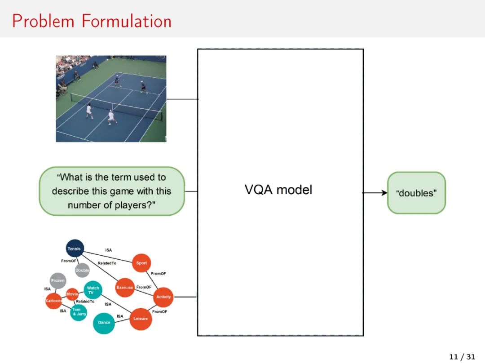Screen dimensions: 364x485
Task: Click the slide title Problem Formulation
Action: (x=92, y=21)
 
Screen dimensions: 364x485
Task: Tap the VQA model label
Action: (x=278, y=190)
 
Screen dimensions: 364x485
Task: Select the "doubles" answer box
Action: (x=416, y=193)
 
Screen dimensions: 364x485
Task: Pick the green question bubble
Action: (x=112, y=191)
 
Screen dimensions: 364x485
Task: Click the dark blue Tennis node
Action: (x=75, y=249)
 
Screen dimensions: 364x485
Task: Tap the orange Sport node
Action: (x=141, y=263)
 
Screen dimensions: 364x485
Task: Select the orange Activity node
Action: (x=163, y=297)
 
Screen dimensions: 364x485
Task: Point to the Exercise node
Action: (x=125, y=288)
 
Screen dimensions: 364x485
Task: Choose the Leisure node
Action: (x=141, y=319)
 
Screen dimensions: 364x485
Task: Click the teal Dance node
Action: (x=104, y=323)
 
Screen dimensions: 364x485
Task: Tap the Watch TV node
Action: (x=93, y=290)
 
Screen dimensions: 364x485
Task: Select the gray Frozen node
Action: (x=58, y=280)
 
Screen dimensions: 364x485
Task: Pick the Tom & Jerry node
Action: (x=79, y=312)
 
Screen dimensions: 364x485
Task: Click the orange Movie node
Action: (x=72, y=294)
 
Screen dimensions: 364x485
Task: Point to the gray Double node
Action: (x=82, y=270)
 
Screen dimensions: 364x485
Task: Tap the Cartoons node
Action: (x=53, y=301)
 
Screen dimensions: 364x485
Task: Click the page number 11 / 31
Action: (x=462, y=357)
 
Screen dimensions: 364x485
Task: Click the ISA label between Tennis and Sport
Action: (x=109, y=250)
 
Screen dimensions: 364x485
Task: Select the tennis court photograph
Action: (x=111, y=98)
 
